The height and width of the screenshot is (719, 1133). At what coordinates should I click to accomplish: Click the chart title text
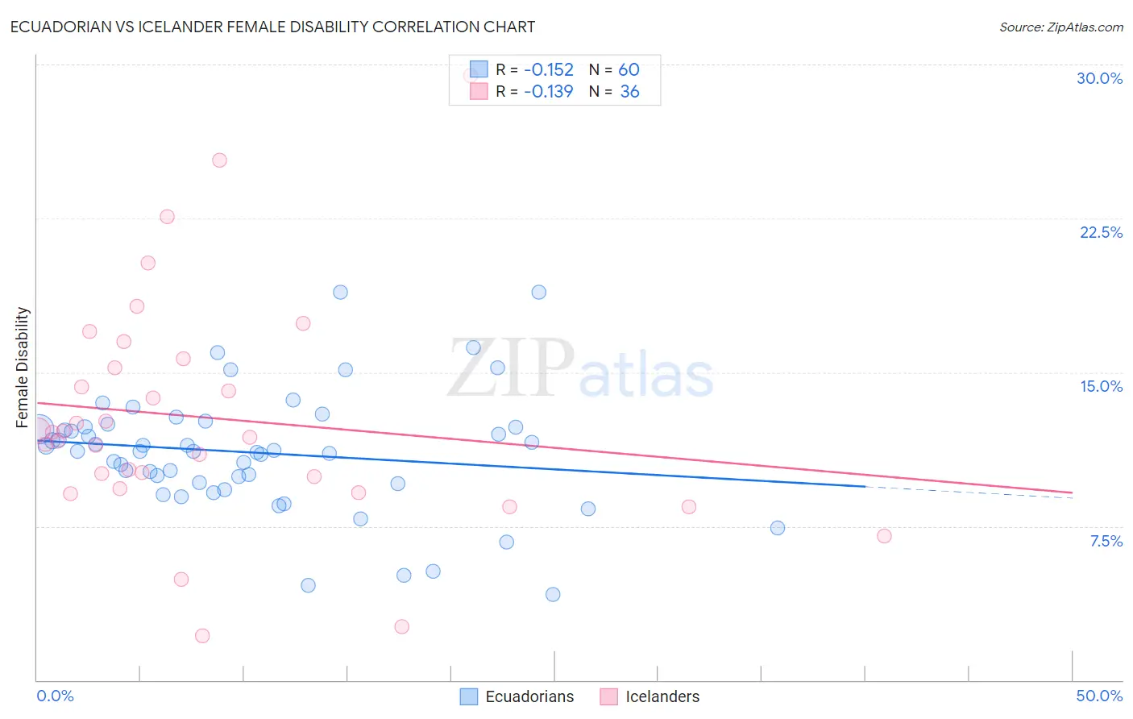[x=272, y=27]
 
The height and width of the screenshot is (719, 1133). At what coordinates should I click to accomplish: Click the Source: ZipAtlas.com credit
[x=1060, y=27]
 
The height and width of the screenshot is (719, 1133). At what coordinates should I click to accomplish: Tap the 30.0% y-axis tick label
[x=1099, y=78]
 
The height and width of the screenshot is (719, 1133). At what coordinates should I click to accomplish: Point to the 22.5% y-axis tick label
[x=1101, y=232]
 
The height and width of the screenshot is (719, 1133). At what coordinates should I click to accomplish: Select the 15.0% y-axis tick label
[x=1101, y=386]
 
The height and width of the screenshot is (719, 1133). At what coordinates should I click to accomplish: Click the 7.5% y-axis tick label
[x=1106, y=541]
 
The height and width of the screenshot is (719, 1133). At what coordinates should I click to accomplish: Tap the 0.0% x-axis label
[x=55, y=696]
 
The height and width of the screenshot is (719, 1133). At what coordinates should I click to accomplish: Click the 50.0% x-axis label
[x=1098, y=696]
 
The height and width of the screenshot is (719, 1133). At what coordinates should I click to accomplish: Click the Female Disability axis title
[x=23, y=367]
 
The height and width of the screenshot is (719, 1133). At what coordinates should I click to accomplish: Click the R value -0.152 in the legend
[x=548, y=69]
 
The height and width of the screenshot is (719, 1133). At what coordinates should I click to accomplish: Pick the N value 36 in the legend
[x=629, y=92]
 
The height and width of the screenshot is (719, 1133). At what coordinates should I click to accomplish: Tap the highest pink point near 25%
[x=219, y=160]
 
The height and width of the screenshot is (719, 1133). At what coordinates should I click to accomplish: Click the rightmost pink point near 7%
[x=884, y=536]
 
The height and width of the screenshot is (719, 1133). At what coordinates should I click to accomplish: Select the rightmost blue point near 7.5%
[x=778, y=528]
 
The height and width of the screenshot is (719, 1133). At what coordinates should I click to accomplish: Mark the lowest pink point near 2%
[x=202, y=636]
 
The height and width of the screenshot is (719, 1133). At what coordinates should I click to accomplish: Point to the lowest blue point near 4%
[x=553, y=594]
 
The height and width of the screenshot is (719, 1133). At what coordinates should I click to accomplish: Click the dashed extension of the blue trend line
[x=967, y=492]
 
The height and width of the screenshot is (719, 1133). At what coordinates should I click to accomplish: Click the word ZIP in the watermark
[x=510, y=369]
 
